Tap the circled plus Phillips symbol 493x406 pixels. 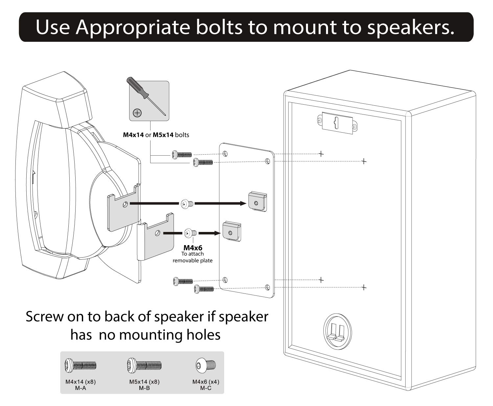[x=137, y=113]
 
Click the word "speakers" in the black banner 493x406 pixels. [x=411, y=27]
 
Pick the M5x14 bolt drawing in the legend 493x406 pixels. [x=144, y=365]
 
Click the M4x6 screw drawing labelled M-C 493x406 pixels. [x=206, y=365]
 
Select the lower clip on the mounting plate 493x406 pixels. [x=232, y=231]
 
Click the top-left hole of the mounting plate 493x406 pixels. [x=225, y=153]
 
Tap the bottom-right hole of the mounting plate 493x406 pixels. [x=268, y=288]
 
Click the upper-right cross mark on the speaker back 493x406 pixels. [x=364, y=161]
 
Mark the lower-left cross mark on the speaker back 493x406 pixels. [x=321, y=280]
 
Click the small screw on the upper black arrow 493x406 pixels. [x=186, y=204]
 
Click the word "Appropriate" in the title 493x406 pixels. [x=133, y=27]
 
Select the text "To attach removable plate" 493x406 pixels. [x=193, y=257]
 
